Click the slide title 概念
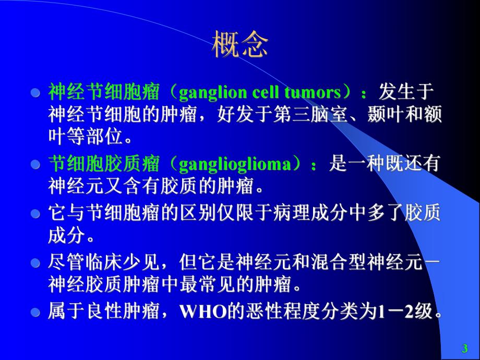(x=240, y=45)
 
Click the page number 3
(x=464, y=349)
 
